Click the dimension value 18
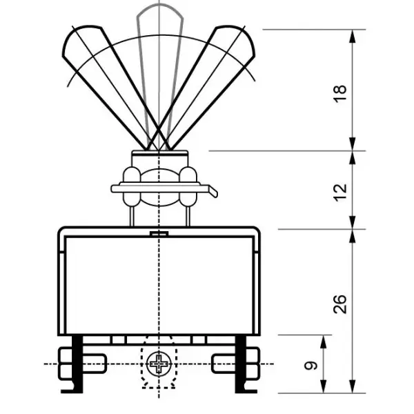tap(340, 94)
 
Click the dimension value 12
tap(340, 193)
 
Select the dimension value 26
tap(339, 304)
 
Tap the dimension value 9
tap(310, 366)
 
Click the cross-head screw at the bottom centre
tap(159, 364)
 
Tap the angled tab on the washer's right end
tap(213, 191)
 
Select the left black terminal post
tap(77, 364)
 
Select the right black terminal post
tap(241, 364)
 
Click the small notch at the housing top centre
tap(159, 233)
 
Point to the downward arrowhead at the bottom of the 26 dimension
tap(353, 386)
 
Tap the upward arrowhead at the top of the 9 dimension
tap(324, 342)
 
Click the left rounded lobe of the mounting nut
tap(132, 186)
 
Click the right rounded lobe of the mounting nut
tap(188, 186)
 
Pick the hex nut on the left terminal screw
tap(66, 364)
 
